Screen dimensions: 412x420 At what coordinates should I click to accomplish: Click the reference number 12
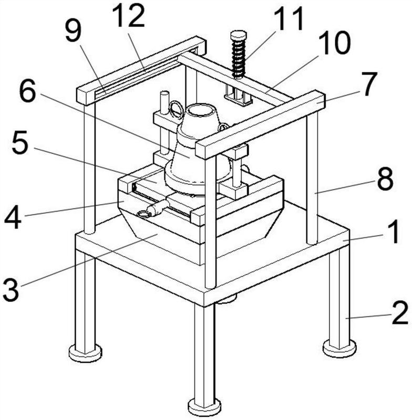128,17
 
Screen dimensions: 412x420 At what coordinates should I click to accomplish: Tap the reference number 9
74,33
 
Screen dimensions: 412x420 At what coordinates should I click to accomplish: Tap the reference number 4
13,217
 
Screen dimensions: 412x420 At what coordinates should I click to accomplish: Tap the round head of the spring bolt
239,35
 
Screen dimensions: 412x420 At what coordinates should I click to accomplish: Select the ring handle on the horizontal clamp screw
142,213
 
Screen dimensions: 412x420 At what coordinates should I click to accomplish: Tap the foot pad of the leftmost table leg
85,352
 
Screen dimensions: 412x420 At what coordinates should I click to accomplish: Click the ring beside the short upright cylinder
176,110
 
